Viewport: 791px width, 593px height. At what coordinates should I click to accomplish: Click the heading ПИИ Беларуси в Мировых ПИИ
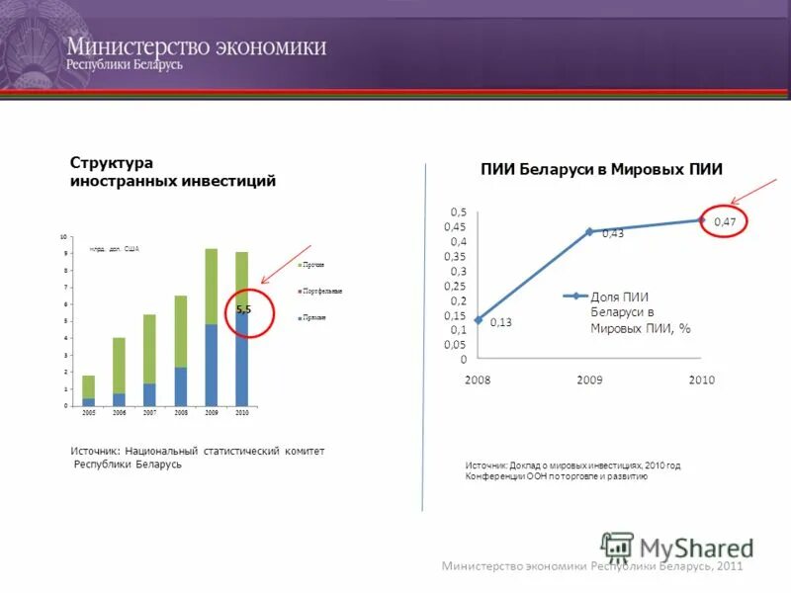pyautogui.click(x=601, y=170)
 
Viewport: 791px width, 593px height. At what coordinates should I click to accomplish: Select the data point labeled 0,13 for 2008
pyautogui.click(x=479, y=319)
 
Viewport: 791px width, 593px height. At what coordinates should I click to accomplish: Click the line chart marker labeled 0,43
pyautogui.click(x=589, y=231)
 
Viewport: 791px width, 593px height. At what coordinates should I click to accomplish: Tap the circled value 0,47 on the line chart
pyautogui.click(x=724, y=221)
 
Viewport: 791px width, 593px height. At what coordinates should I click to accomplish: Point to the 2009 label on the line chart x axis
pyautogui.click(x=589, y=380)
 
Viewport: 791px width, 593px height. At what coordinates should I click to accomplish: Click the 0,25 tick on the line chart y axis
pyautogui.click(x=458, y=286)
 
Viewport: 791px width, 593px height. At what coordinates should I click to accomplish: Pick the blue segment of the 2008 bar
pyautogui.click(x=181, y=385)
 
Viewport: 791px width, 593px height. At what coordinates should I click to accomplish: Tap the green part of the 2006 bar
pyautogui.click(x=119, y=366)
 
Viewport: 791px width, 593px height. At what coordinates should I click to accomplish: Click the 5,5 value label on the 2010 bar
pyautogui.click(x=243, y=309)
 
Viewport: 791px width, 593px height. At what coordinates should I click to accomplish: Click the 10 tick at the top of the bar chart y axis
pyautogui.click(x=64, y=237)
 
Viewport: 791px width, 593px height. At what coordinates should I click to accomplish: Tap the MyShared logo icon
pyautogui.click(x=617, y=547)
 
